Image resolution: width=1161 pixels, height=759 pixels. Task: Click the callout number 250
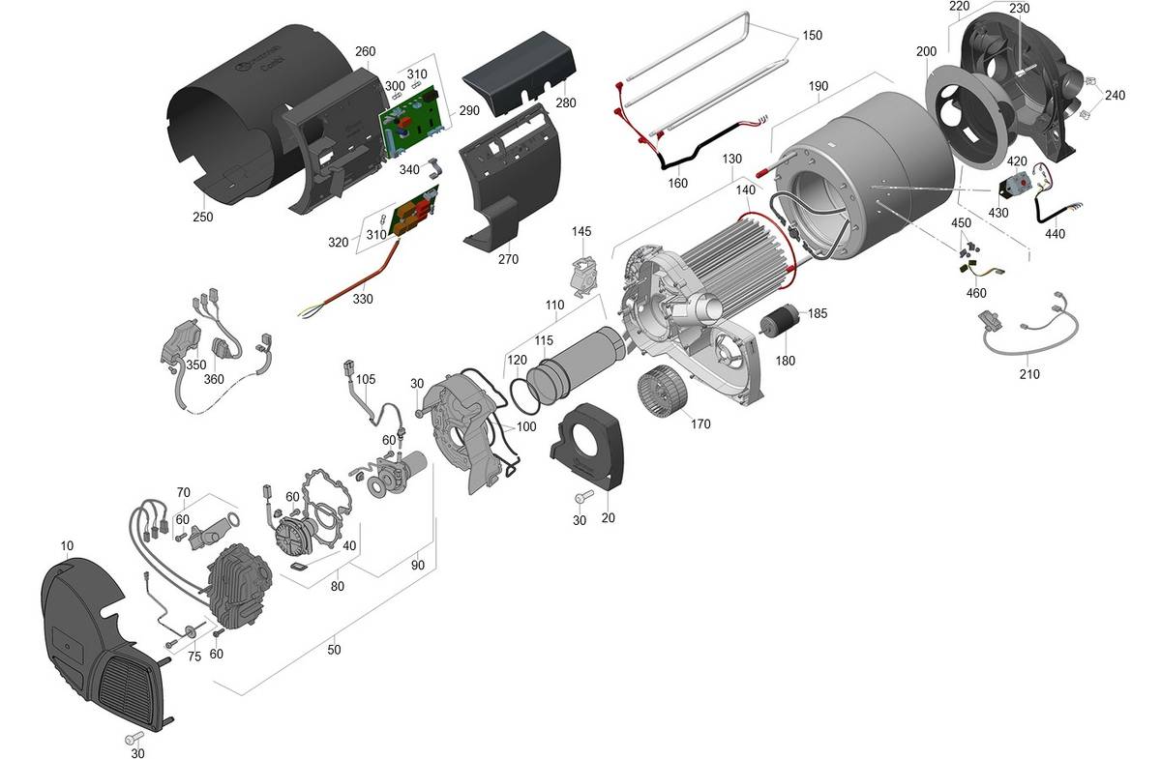pos(202,218)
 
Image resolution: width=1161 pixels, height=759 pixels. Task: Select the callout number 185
pos(818,313)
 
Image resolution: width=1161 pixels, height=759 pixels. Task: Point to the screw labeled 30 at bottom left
pos(134,740)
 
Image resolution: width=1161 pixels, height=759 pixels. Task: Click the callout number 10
pos(67,546)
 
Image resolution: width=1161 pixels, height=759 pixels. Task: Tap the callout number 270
pos(508,259)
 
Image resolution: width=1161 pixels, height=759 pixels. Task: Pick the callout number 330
pos(362,300)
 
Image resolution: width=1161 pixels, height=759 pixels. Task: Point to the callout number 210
pos(1029,374)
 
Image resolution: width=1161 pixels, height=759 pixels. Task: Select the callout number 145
pos(580,232)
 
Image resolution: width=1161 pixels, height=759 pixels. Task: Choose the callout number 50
pos(334,651)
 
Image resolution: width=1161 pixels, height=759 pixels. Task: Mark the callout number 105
pos(365,379)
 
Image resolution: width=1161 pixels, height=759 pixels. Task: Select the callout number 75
pos(193,657)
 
